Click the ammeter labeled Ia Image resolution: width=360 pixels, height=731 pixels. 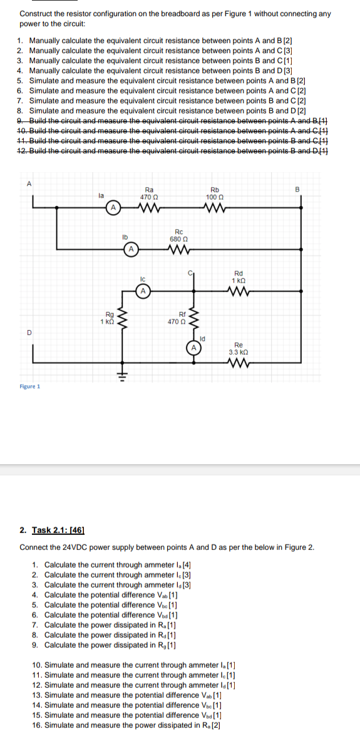(113, 206)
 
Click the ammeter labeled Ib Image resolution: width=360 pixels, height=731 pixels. (131, 249)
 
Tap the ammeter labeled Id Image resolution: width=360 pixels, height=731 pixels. (194, 348)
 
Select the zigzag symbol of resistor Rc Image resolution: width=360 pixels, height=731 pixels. (178, 249)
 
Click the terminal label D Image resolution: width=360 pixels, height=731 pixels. (28, 333)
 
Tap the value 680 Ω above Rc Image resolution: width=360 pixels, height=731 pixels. (178, 239)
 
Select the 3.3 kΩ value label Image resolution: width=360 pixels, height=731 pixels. (239, 351)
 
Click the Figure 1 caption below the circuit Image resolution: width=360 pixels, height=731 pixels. (29, 386)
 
